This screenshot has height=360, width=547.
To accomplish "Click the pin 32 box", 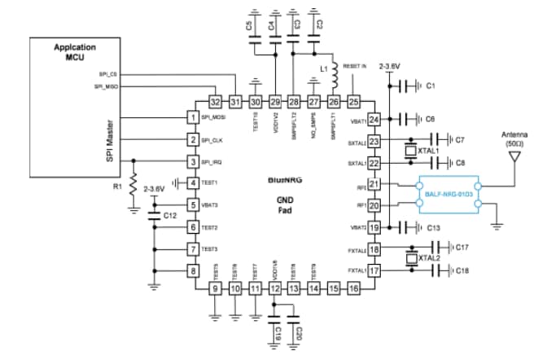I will click(x=215, y=102).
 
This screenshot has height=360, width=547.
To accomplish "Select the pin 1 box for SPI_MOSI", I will click(x=193, y=118).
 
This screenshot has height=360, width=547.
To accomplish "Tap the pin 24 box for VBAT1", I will click(x=374, y=119).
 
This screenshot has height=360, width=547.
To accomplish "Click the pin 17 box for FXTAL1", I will click(x=374, y=270).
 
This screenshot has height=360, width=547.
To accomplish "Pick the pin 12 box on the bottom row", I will click(x=275, y=288).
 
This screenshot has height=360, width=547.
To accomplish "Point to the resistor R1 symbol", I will click(x=133, y=185).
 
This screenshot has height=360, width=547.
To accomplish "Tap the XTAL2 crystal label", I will click(x=429, y=258).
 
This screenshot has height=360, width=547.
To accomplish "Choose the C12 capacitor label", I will click(x=170, y=217).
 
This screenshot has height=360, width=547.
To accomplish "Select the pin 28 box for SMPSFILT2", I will click(x=294, y=102).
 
